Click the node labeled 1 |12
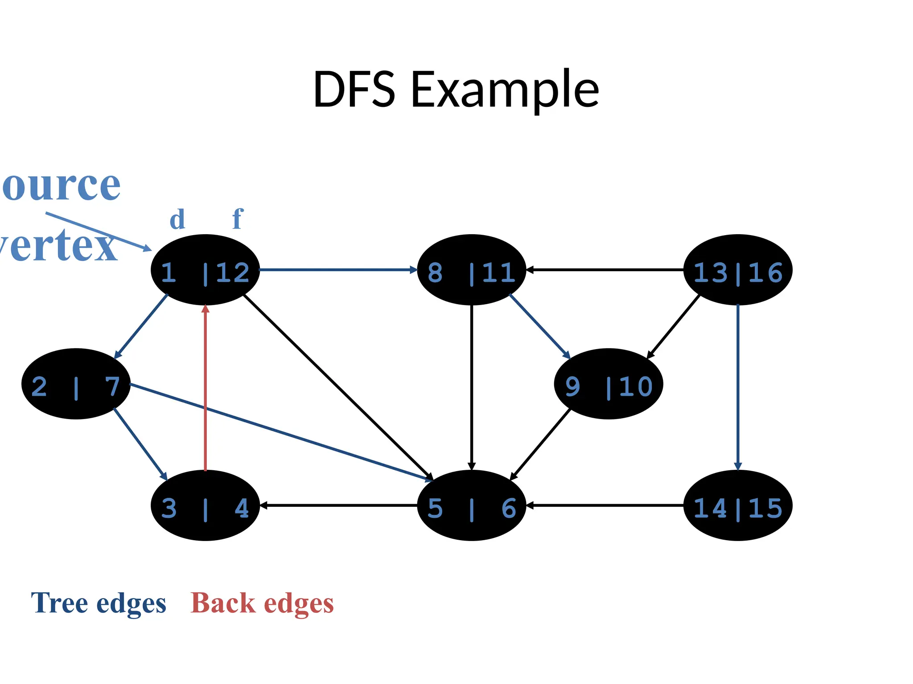205,270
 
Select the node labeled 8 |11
471,270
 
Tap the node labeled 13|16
738,270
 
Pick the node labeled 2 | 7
76,384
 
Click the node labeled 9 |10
609,384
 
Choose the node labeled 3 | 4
205,505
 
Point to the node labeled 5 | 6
471,505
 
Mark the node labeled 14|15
738,505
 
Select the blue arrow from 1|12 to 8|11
337,269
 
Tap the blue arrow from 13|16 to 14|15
738,387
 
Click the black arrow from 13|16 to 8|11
605,269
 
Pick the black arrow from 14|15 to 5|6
605,505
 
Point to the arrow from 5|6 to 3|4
338,505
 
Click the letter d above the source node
177,220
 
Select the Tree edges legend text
99,603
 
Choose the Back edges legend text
262,603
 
